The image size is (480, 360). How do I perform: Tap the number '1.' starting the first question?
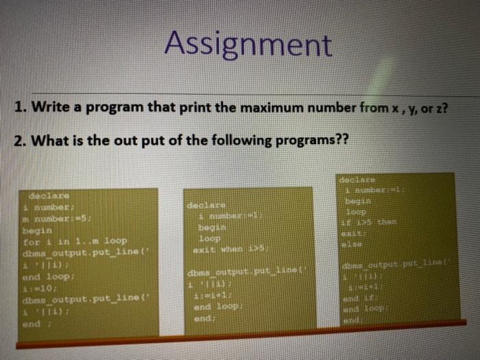pos(21,108)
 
